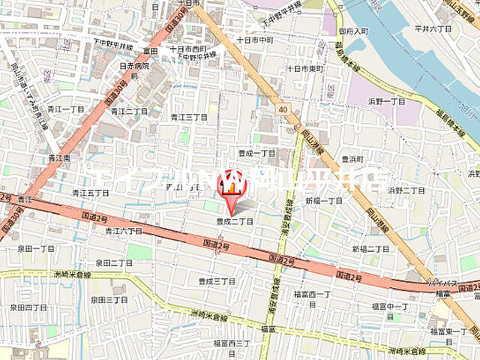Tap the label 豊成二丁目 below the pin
point(235,221)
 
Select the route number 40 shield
point(282,109)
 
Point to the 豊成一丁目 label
point(257,152)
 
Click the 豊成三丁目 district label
point(217,281)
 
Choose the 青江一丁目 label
point(66,109)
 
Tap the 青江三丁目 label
point(188,117)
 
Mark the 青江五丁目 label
point(91,193)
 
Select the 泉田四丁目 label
point(28,307)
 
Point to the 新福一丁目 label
point(323,201)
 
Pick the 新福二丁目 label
point(370,248)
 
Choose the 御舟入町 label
point(353,31)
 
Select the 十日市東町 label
point(304,68)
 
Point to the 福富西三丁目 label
point(231,343)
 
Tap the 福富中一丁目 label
point(390,306)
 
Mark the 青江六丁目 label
point(119,231)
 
